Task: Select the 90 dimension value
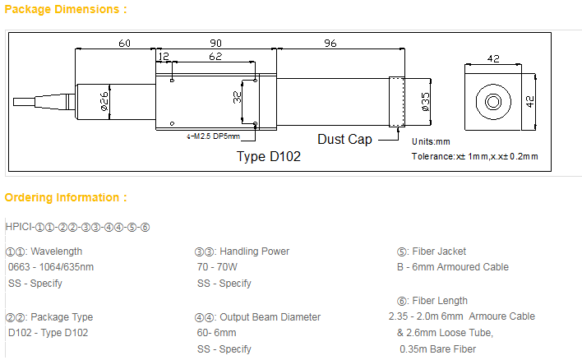pos(215,43)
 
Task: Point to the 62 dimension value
pos(215,58)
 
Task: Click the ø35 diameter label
pos(424,101)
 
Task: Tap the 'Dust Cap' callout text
pos(344,139)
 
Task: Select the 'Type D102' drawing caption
pos(269,157)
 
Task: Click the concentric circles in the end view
pos(494,101)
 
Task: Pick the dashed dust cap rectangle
pos(397,101)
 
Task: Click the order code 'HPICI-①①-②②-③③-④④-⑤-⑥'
pos(67,226)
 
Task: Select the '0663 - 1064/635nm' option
pos(51,267)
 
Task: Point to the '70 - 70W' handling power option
pos(217,267)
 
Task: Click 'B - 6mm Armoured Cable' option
pos(452,267)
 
